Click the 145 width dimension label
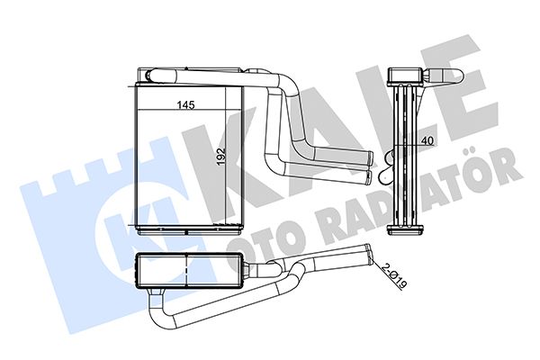(x=186, y=104)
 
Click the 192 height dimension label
(x=220, y=156)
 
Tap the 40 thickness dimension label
(x=427, y=140)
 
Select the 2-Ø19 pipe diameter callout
(x=395, y=275)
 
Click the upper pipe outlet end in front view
(x=369, y=157)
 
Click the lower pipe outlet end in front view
(x=369, y=175)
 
